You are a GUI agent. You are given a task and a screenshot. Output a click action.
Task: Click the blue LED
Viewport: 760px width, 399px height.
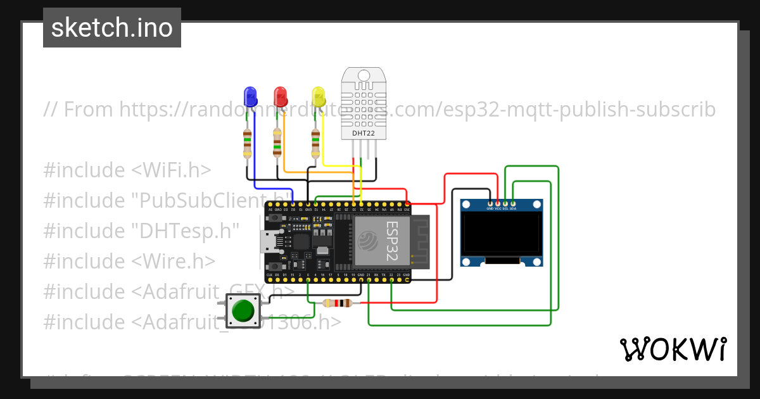251,97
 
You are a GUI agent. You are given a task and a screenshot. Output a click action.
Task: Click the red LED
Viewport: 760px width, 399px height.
280,97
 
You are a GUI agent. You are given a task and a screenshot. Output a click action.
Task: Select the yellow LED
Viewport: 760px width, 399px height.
318,98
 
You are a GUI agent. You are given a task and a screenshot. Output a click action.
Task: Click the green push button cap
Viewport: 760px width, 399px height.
243,310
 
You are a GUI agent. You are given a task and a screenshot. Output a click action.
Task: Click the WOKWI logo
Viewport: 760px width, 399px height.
673,349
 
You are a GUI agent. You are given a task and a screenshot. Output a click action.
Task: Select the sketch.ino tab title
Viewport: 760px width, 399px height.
112,28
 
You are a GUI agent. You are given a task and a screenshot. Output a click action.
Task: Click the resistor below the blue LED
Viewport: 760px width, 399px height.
247,144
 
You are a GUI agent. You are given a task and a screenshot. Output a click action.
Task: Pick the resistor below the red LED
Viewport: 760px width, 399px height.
277,143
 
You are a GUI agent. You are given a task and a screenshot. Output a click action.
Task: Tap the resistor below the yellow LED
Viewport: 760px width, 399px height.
315,144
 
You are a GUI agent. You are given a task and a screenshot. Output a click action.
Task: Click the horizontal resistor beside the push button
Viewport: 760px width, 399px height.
337,303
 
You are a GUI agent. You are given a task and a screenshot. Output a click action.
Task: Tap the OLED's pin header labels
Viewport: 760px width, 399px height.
501,208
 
